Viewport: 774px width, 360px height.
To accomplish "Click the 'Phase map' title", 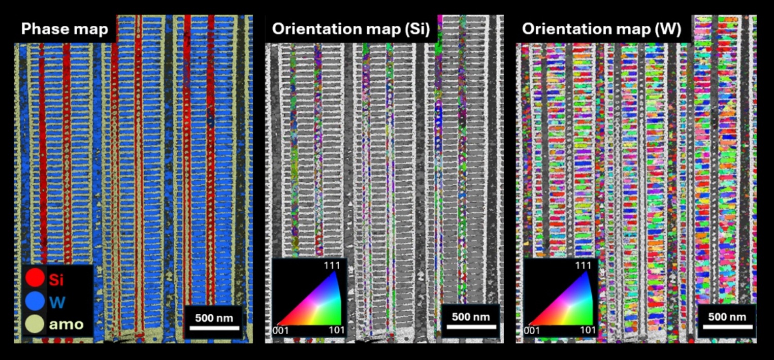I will coord(64,29).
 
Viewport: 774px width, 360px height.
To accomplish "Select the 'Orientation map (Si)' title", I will coord(351,29).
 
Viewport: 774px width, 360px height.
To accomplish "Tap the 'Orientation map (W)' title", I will coord(601,29).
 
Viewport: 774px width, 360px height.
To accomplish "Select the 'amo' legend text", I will coord(66,324).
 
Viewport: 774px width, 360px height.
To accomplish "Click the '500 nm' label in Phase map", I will coord(214,318).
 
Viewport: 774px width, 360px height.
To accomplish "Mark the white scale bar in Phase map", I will coord(214,328).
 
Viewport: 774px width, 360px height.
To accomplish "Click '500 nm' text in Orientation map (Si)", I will coord(471,317).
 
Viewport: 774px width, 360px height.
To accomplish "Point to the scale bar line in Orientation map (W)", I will coord(727,327).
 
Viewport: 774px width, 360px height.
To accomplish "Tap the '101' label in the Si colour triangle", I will coord(336,330).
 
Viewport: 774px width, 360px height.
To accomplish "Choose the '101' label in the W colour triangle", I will coord(587,330).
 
